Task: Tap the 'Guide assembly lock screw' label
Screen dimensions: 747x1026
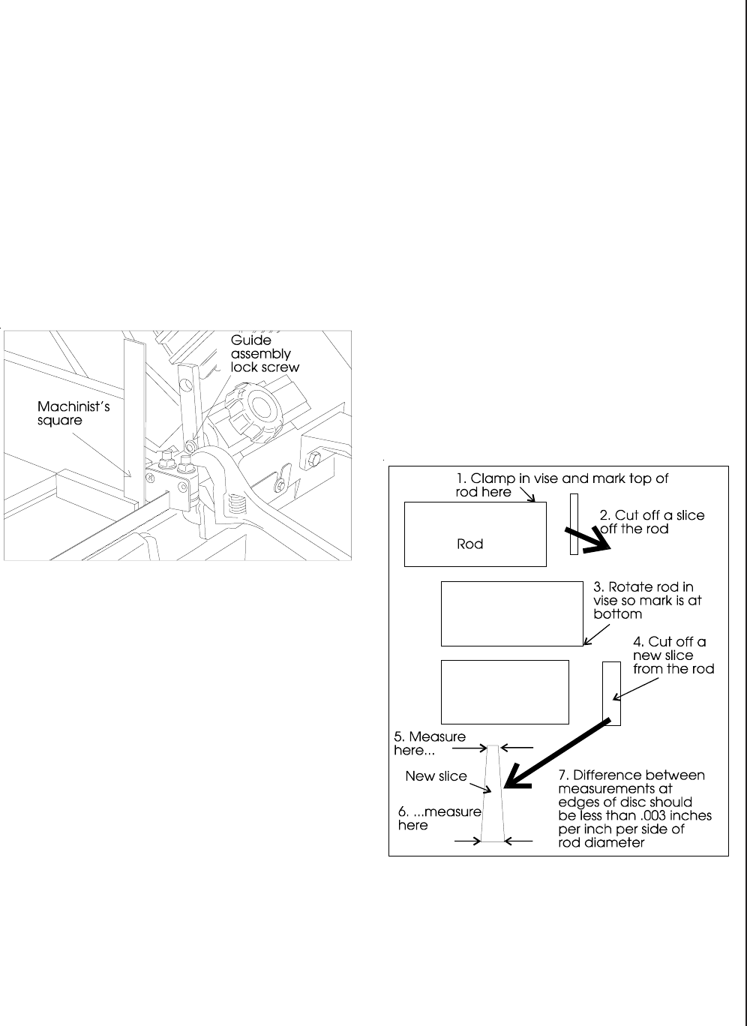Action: (x=264, y=353)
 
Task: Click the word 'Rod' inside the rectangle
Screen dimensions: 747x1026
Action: (x=470, y=544)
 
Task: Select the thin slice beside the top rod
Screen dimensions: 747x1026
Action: (x=574, y=523)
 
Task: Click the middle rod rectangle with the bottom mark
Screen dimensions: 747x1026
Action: (x=511, y=613)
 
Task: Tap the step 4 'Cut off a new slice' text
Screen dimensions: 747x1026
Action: (x=673, y=655)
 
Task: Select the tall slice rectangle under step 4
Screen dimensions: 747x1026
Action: (x=612, y=693)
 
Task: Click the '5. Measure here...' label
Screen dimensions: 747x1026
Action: (x=429, y=744)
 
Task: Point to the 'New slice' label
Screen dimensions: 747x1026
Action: (x=436, y=776)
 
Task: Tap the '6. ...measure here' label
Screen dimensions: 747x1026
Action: (x=438, y=818)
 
